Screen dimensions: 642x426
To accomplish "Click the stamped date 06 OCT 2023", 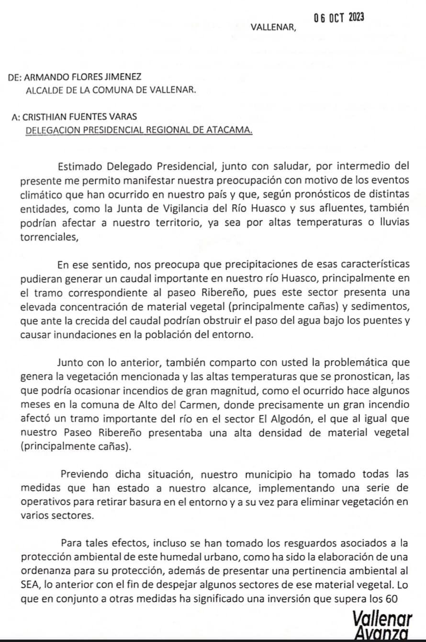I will point(339,18).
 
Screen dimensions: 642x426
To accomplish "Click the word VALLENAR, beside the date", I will point(273,27).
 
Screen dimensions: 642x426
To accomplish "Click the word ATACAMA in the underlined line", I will point(229,129).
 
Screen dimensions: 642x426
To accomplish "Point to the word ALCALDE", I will point(44,90).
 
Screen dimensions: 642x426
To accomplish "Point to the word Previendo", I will point(86,475).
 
